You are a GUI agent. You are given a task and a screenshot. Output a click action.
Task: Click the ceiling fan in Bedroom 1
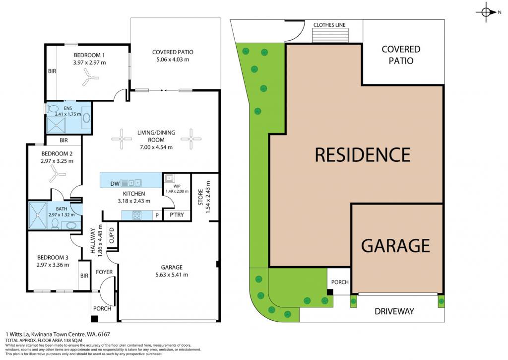point(89,78)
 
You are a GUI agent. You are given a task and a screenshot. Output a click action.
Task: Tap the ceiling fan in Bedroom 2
point(58,175)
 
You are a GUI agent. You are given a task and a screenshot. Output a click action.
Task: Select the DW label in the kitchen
point(115,184)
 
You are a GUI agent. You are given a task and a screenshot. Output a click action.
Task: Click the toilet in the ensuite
point(53,108)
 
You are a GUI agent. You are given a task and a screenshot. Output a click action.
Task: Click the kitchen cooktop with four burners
point(136,215)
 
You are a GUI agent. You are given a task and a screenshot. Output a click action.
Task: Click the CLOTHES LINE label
point(329,25)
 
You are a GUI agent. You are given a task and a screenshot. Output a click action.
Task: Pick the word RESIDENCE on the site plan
point(363,155)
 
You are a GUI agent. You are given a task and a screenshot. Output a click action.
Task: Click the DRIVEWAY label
point(394,311)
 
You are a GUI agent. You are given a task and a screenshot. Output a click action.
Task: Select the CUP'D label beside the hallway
point(112,235)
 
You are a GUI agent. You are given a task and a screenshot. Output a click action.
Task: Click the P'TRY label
point(177,215)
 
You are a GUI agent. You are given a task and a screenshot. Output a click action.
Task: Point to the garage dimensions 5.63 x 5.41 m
point(172,275)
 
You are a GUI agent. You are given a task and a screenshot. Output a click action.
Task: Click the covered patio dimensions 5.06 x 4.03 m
point(173,60)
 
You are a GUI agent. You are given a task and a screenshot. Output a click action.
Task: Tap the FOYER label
point(104,272)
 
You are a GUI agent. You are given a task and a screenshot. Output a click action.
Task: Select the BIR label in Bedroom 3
point(84,276)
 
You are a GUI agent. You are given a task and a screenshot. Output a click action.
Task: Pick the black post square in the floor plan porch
point(94,319)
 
